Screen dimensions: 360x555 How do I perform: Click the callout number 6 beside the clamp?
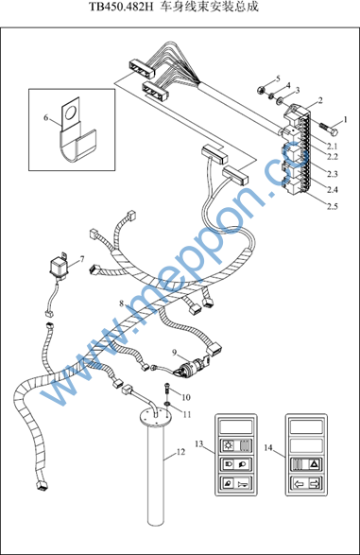[45, 117]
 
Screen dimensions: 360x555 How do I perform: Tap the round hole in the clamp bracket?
[70, 113]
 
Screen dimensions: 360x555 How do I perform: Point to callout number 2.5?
[333, 206]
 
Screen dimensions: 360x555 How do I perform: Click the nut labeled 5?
[261, 90]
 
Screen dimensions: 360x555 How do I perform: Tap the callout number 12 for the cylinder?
[180, 452]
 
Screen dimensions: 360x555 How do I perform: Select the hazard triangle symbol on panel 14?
[314, 464]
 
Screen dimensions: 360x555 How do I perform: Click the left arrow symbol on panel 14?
[299, 483]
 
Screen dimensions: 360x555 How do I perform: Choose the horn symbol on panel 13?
[244, 483]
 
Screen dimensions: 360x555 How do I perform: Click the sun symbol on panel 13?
[229, 445]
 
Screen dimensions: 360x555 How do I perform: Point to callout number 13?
[199, 443]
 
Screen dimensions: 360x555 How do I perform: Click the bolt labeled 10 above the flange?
[166, 389]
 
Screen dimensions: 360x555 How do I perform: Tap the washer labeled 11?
[166, 404]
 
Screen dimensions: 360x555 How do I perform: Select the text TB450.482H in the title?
[121, 7]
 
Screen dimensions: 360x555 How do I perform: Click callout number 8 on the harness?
[122, 304]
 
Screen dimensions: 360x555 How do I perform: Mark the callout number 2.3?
[333, 174]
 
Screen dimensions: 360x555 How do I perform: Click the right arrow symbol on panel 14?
[314, 483]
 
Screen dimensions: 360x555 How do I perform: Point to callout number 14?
[268, 448]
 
